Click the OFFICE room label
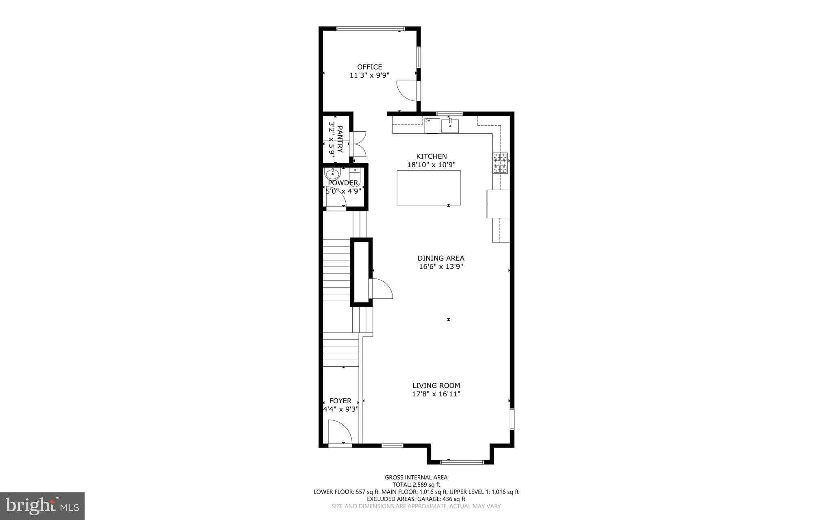pos(370,67)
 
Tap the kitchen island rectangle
pos(429,188)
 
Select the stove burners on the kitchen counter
pos(500,163)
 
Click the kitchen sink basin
pos(450,126)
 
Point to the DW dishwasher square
pos(432,126)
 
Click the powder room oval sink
pos(333,174)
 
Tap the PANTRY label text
pos(340,139)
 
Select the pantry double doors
pos(360,144)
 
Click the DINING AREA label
pos(441,258)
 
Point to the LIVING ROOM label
pos(436,385)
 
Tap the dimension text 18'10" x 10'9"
pos(432,165)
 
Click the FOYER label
pos(340,401)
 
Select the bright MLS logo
pos(42,506)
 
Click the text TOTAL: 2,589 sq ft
pos(416,485)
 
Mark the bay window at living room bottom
pos(462,462)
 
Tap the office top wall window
pos(371,28)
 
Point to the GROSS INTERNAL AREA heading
pos(416,478)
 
